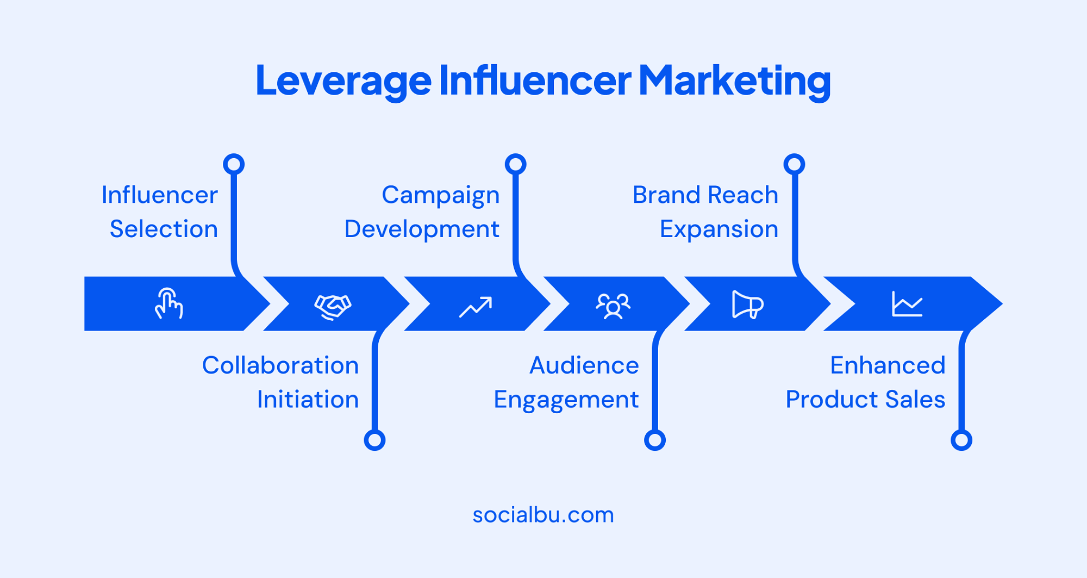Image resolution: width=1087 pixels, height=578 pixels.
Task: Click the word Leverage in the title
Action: coord(343,80)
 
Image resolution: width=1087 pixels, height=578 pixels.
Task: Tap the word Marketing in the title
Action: coord(734,80)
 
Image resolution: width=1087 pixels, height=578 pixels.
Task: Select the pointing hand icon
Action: coord(168,304)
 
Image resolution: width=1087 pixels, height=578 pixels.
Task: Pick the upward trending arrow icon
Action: coord(476,307)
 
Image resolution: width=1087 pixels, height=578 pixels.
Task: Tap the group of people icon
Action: coord(613,306)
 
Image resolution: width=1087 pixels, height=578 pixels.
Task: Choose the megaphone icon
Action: coord(747,304)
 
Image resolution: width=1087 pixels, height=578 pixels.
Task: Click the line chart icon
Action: coord(907,304)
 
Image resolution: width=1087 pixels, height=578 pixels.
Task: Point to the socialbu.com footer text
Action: coord(543,514)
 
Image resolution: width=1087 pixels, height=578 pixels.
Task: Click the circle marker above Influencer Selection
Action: coord(234,164)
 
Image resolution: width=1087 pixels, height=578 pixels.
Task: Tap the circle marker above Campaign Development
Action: coord(515,164)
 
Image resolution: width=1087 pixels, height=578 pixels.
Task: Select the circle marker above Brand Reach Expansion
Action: coord(794,164)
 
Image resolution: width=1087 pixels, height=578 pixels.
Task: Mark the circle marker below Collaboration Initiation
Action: coord(374,440)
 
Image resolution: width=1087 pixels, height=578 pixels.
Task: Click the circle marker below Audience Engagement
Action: coord(654,440)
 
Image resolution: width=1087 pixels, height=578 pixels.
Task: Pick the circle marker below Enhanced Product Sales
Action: coord(961,440)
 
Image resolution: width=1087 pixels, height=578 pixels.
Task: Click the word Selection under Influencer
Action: coord(164,229)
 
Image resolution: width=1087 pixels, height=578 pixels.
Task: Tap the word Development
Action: coord(422,229)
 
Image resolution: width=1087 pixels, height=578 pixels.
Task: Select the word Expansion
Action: coord(719,229)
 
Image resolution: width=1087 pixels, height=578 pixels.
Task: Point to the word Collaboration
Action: coord(280,365)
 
